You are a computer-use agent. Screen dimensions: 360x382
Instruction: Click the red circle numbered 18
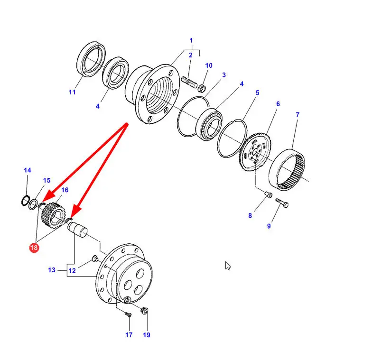(34, 248)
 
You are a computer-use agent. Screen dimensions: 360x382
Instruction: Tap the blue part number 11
(72, 92)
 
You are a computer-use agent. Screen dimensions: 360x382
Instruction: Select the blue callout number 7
(298, 115)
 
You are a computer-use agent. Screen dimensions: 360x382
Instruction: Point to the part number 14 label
(27, 170)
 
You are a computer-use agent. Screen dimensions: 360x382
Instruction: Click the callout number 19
(146, 335)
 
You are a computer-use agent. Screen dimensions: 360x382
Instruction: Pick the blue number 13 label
(51, 270)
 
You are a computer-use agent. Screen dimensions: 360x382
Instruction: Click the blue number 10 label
(209, 65)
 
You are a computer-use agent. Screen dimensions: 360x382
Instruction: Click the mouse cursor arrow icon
(228, 266)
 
